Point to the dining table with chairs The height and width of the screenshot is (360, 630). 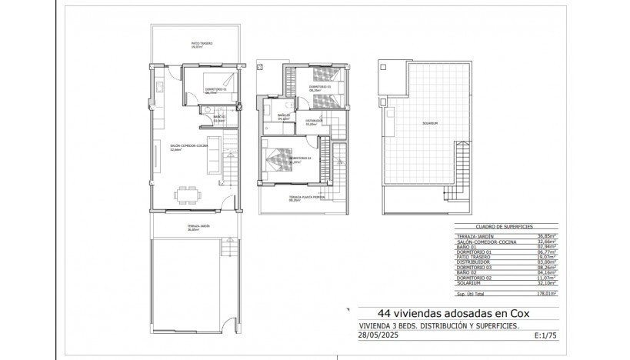tap(186, 195)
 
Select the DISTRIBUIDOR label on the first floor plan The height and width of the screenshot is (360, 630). tap(313, 121)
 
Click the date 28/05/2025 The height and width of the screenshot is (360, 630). tap(382, 335)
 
